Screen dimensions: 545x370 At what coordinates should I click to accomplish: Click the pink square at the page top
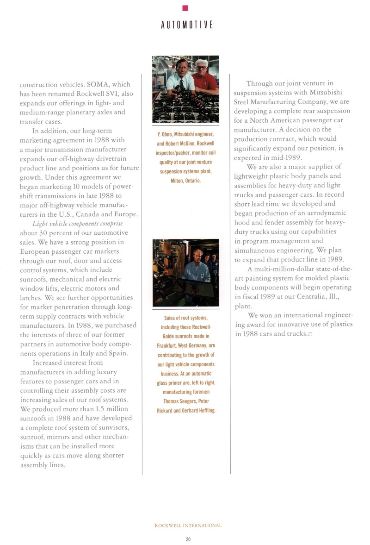tap(185, 7)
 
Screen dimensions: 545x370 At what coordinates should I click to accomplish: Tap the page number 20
tap(188, 539)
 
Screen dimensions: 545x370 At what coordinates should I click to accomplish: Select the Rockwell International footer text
tap(188, 526)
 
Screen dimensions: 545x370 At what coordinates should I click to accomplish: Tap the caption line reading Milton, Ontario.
tap(186, 181)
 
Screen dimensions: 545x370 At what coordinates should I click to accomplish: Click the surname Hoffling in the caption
tap(206, 410)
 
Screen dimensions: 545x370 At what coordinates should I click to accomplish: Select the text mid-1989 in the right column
tap(286, 157)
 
